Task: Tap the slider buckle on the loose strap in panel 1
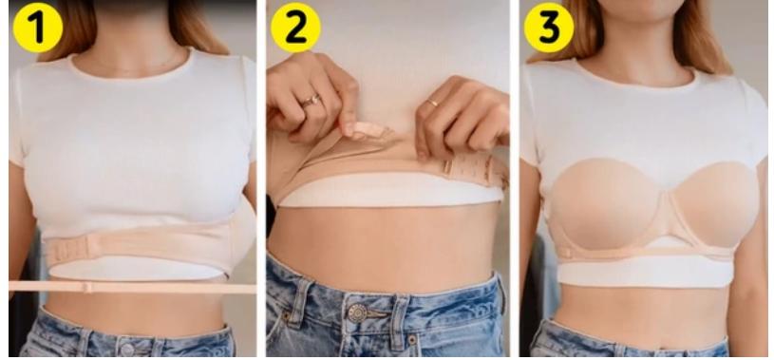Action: pos(86,286)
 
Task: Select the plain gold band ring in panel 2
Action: pos(432,102)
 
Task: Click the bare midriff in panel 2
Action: pos(380,237)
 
